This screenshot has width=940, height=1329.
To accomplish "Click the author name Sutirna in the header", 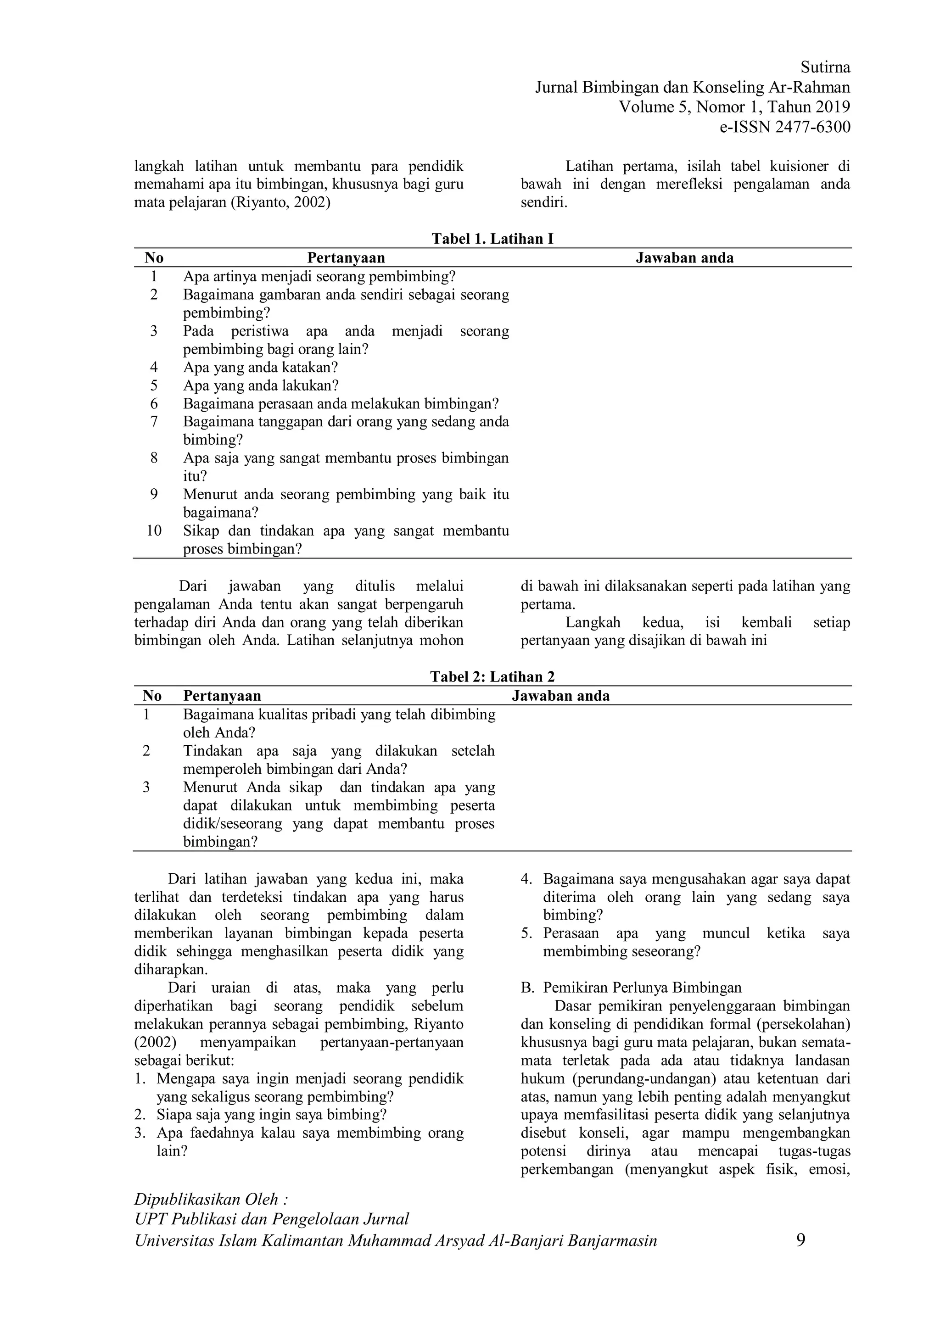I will pos(825,68).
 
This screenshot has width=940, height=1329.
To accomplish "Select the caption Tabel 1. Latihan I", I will pos(492,239).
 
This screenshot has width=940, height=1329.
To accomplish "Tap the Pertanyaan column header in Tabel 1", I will pos(346,257).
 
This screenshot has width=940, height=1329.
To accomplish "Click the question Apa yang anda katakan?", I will pos(260,367).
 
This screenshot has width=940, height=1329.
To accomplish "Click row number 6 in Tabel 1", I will pos(153,403).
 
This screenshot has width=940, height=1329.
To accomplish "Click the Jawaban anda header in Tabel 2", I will pos(560,696).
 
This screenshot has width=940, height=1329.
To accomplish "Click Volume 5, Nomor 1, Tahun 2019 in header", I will pos(734,107).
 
